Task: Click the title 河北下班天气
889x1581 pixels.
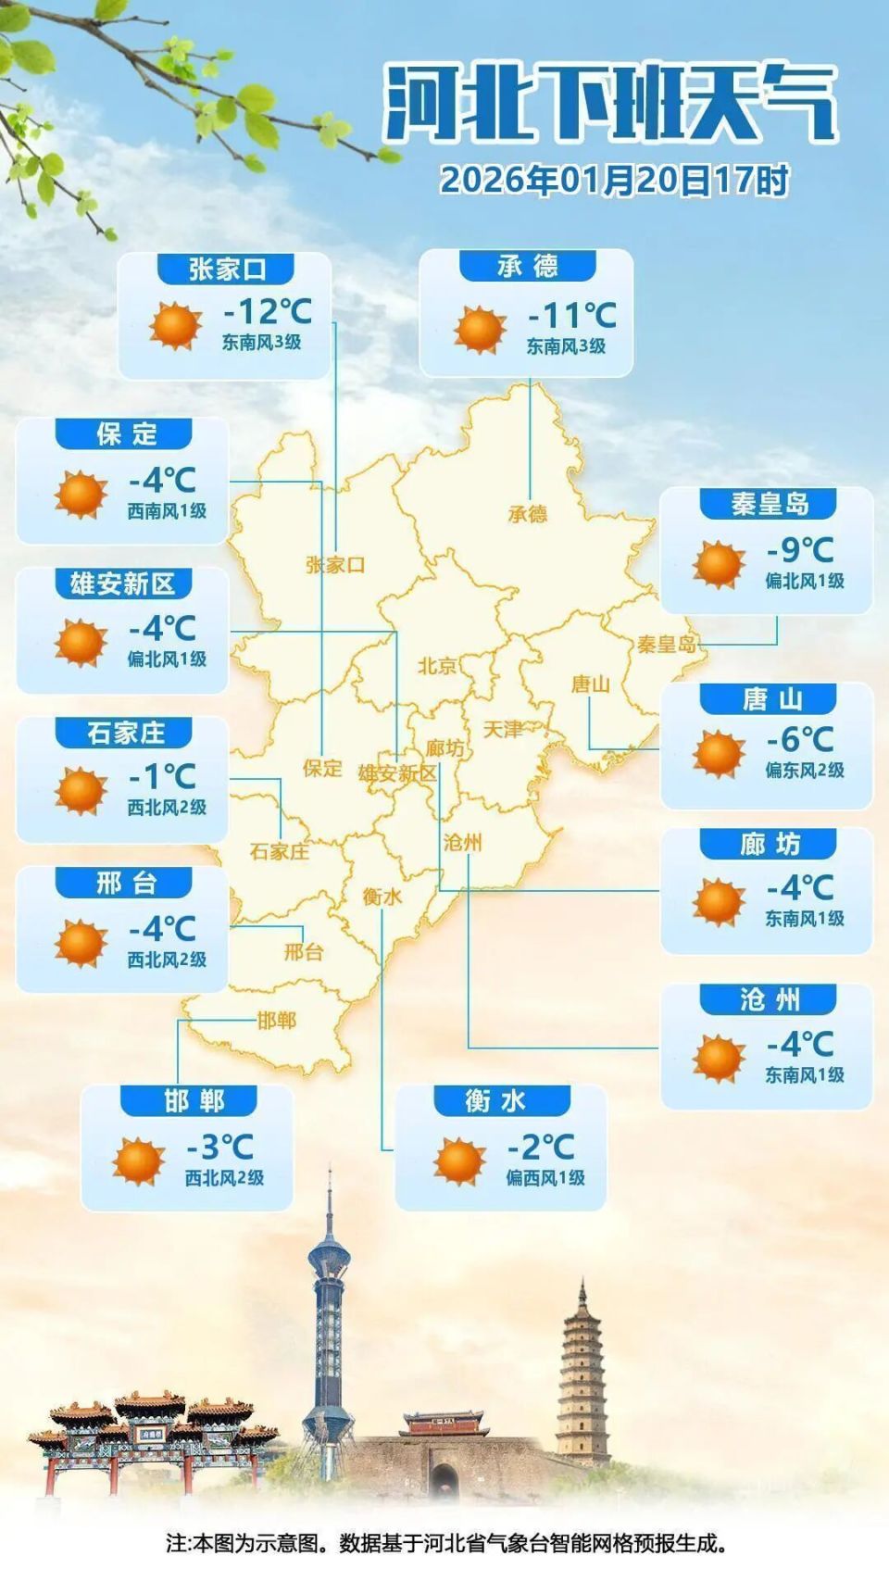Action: [610, 105]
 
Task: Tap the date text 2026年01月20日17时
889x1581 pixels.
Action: [614, 179]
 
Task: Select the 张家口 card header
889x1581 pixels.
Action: [227, 270]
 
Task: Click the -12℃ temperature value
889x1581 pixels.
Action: [267, 310]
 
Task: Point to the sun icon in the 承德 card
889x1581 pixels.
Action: [480, 331]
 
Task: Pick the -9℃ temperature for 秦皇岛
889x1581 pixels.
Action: [800, 550]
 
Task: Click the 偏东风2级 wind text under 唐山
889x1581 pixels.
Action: [804, 770]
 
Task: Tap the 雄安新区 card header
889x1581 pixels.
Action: [123, 584]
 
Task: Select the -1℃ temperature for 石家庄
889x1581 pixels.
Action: [162, 777]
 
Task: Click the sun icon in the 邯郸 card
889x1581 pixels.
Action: [138, 1161]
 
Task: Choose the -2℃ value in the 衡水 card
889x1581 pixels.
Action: [541, 1148]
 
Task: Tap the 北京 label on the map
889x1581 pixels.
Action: [437, 666]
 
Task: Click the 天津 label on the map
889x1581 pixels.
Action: [503, 730]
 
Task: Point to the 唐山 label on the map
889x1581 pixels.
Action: [590, 684]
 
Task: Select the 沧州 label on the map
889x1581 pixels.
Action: [462, 842]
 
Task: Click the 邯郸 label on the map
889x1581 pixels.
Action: [276, 1021]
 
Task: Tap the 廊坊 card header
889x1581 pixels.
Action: [769, 845]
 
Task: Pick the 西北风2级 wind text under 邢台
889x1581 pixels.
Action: [167, 960]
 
